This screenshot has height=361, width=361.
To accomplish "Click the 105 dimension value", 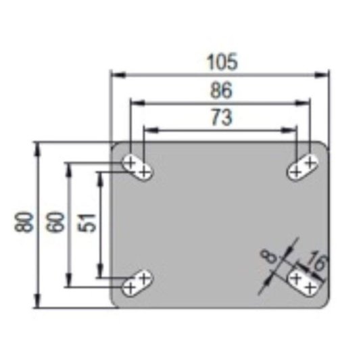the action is (x=222, y=62).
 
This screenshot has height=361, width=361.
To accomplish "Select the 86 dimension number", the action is (x=221, y=91).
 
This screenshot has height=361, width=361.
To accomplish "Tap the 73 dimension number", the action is (x=222, y=118).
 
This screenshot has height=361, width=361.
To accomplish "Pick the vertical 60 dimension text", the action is (x=54, y=222).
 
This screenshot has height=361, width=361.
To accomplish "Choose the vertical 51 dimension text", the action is (x=87, y=222).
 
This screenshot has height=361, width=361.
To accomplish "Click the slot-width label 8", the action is (x=268, y=256).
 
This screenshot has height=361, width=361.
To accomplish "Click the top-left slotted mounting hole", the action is (x=137, y=167).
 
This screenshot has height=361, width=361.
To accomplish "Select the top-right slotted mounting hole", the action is (x=303, y=167).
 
